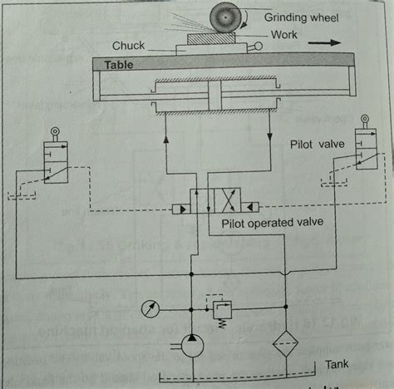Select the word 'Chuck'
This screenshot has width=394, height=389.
(x=130, y=47)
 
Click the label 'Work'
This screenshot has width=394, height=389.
(x=283, y=35)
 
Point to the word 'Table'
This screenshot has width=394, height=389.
(x=120, y=63)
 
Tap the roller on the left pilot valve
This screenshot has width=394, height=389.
(x=56, y=132)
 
